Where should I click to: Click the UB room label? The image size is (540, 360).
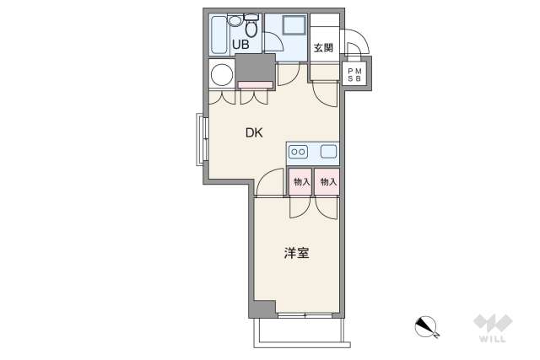240,45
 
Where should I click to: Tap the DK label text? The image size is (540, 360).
254,132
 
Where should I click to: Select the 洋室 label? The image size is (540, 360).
296,253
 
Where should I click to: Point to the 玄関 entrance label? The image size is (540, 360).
323,48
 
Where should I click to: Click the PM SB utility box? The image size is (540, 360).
354,74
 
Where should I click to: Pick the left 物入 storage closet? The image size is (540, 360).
300,182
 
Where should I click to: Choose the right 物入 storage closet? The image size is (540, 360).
327,182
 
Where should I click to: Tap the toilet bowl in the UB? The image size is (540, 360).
251,26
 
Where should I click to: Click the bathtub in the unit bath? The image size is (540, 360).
219,35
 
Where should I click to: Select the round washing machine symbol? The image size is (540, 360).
222,75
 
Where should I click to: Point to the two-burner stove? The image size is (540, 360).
298,152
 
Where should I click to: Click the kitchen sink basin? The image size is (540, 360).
328,152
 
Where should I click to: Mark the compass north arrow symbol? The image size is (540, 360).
426,326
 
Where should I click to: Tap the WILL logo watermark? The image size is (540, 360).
493,328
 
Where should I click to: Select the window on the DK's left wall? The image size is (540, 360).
202,139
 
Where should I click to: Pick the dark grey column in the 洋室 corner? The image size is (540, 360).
263,309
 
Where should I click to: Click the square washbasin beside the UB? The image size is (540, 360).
294,25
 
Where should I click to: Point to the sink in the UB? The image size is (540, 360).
235,20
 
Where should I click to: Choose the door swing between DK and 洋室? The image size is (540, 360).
270,182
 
